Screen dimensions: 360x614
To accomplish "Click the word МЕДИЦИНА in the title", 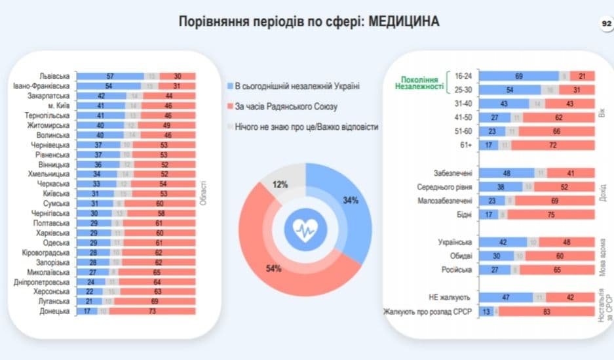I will click(404, 22).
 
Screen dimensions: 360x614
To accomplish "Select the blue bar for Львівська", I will click(109, 75).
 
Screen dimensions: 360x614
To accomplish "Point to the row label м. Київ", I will click(58, 104).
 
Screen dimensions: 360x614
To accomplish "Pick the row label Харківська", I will click(52, 233).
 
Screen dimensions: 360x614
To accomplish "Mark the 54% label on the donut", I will click(273, 268).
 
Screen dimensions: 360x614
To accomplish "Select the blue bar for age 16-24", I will click(518, 77).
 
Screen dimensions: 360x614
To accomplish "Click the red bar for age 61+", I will click(553, 145).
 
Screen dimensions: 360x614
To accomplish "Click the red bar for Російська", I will click(562, 270).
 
